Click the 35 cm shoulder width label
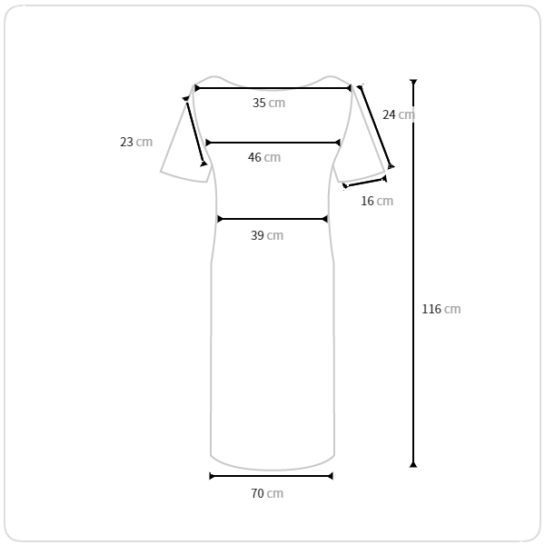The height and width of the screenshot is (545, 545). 269,103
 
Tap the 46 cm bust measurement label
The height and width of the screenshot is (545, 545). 264,157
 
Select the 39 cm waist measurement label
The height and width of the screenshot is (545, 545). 267,235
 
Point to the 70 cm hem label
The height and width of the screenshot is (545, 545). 267,493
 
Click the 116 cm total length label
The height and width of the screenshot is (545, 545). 441,309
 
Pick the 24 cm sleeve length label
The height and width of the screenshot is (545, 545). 399,114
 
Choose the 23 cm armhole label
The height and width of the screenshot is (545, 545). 136,143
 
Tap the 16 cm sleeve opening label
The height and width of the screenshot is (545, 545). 377,201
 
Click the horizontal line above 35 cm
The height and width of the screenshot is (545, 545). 272,88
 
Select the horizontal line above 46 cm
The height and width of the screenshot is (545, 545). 272,143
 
